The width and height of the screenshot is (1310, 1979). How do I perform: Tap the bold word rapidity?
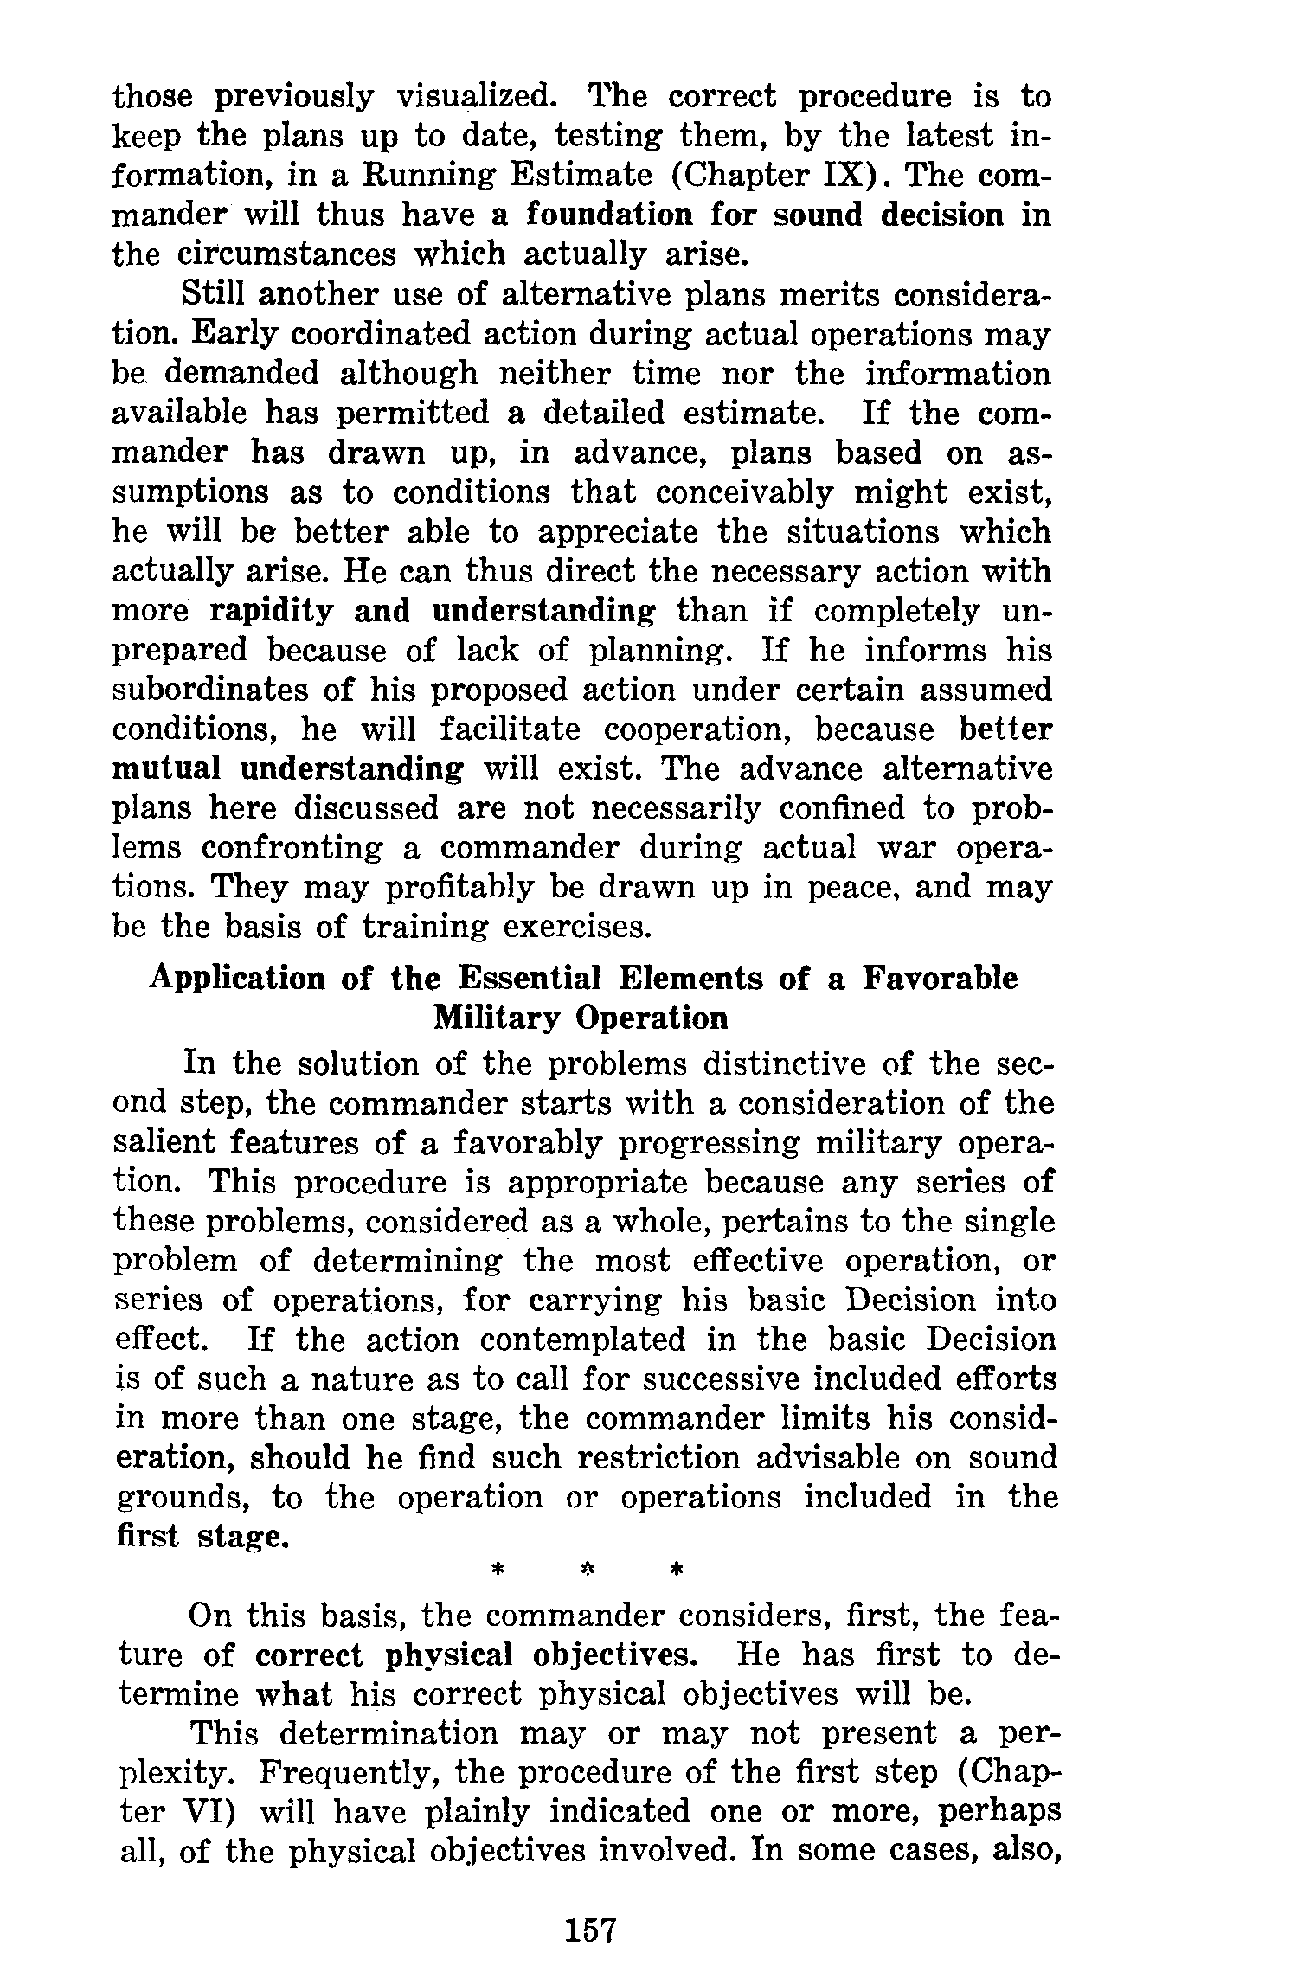coord(272,611)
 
